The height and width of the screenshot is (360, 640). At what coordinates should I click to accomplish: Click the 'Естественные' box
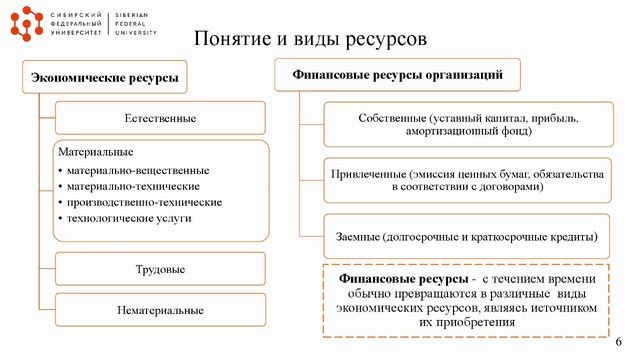click(160, 119)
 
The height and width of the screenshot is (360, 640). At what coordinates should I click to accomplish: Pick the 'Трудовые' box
click(160, 270)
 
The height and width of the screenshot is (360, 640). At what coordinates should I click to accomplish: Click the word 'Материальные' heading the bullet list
click(97, 152)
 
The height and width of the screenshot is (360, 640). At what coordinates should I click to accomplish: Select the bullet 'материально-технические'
click(134, 186)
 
